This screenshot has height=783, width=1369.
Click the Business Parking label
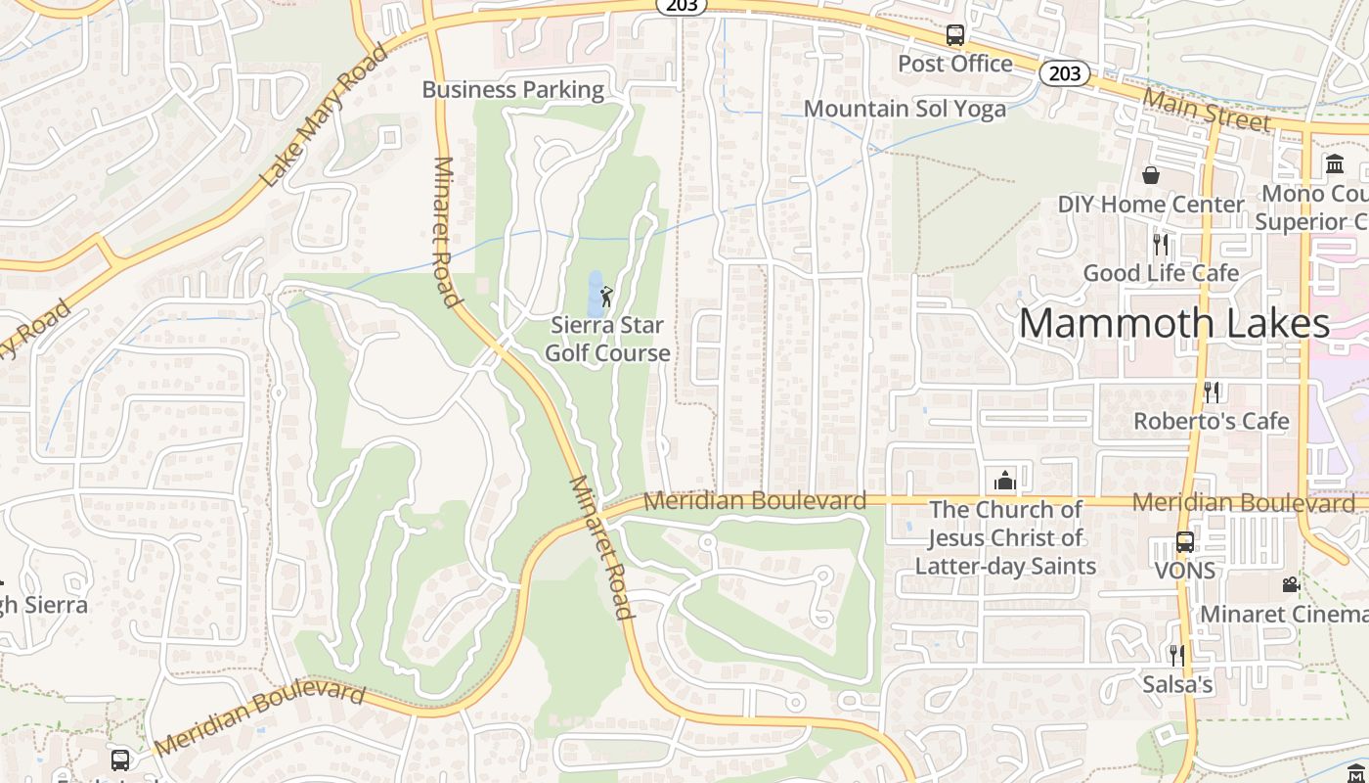pos(513,90)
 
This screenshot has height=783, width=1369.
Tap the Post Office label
pos(955,64)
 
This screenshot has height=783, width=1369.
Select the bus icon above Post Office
pos(955,35)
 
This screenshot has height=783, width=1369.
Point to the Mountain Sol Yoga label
pos(905,109)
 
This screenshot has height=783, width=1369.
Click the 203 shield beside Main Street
pos(1064,73)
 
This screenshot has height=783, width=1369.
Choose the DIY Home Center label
pos(1151,205)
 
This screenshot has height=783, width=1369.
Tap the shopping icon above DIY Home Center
pos(1151,175)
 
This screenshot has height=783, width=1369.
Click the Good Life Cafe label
pos(1161,273)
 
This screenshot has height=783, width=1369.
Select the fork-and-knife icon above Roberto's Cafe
pos(1212,392)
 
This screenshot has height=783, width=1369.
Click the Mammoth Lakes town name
pos(1174,323)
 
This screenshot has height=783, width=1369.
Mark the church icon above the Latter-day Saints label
pos(1005,481)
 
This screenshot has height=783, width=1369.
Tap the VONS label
pos(1185,570)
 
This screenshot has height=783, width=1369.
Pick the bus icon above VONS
pos(1184,542)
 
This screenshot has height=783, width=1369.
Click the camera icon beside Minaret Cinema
pos(1291,585)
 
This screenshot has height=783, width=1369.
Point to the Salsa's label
pos(1177,684)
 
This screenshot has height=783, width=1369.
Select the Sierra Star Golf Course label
pos(607,339)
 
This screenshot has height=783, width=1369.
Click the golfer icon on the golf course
pos(606,296)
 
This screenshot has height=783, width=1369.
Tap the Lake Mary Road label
pos(325,116)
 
